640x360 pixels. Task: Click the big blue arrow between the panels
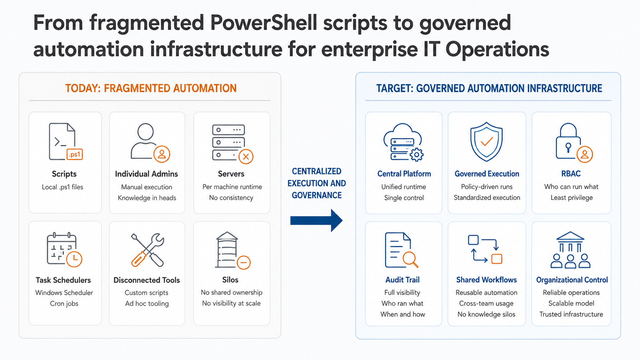(316, 220)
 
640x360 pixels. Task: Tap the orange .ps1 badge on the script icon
(75, 154)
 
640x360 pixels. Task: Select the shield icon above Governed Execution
(487, 142)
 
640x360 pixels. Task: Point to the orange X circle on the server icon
(246, 156)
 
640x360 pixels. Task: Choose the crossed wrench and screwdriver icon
(147, 250)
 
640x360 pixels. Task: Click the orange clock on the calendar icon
(74, 259)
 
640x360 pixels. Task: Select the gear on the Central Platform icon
(416, 155)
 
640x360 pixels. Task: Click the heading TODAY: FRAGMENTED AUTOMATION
(151, 88)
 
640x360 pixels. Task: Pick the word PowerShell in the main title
(263, 23)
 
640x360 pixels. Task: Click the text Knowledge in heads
(147, 198)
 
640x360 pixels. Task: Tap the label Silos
(230, 280)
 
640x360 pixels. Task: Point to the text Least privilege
(571, 197)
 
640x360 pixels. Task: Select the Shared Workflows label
(486, 280)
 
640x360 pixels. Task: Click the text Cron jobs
(64, 303)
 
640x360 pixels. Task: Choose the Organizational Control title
(572, 280)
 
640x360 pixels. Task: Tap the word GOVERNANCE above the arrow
(317, 195)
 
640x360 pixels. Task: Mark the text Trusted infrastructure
(571, 314)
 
